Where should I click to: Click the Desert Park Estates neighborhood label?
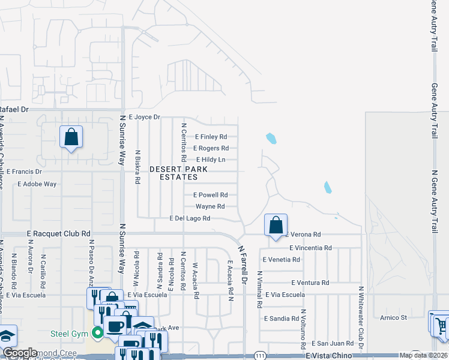click(178, 173)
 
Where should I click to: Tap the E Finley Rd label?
click(210, 137)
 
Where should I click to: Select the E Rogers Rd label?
click(211, 148)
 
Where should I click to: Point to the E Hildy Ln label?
click(211, 160)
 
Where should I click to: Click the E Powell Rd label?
click(210, 195)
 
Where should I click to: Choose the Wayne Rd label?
click(210, 206)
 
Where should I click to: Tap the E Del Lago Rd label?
click(190, 218)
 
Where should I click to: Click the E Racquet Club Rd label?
click(58, 233)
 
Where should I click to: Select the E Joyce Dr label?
click(145, 117)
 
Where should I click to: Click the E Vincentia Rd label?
click(310, 248)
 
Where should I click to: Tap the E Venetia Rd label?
click(281, 260)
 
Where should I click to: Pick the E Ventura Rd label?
click(310, 283)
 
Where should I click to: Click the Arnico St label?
click(393, 317)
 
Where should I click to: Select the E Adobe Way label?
click(37, 184)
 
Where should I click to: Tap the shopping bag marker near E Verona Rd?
click(276, 226)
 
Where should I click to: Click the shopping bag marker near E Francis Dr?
click(71, 137)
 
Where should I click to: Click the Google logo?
click(20, 353)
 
